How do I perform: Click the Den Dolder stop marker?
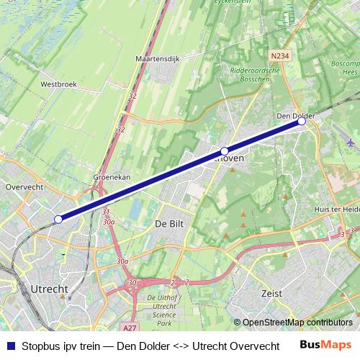(x=302, y=122)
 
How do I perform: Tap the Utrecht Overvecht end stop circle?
(x=58, y=219)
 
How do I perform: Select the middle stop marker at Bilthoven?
(x=225, y=151)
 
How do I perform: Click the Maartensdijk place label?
(x=157, y=58)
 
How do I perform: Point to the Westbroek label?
(x=58, y=84)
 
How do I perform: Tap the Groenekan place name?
(x=112, y=176)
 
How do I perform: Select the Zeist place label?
(x=271, y=294)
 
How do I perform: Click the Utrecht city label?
(x=50, y=288)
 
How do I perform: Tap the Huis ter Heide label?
(x=336, y=209)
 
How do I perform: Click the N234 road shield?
(x=282, y=55)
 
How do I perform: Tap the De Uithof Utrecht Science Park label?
(x=167, y=307)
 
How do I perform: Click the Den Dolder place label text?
(x=296, y=115)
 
